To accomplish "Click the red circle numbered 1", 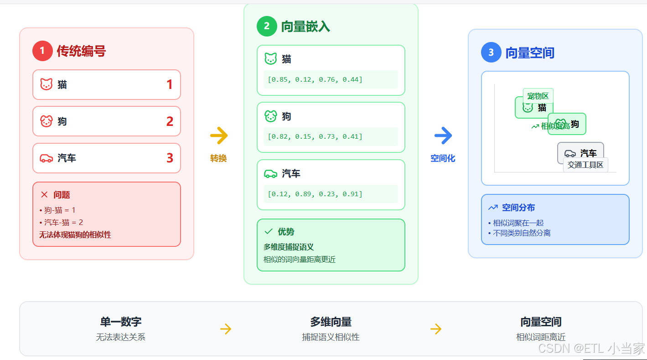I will tap(42, 51).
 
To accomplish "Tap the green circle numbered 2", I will tap(267, 26).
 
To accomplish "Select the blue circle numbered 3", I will tap(491, 52).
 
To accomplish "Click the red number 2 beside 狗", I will tap(170, 121).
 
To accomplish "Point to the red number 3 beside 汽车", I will tap(170, 158).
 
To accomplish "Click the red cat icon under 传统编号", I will tap(47, 84).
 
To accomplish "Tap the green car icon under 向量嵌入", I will tap(271, 173).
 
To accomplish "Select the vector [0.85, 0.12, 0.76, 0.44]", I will tap(315, 79).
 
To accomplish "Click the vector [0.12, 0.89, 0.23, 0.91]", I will tap(315, 194).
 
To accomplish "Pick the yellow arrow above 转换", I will tap(219, 136).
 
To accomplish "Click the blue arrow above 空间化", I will tap(443, 136).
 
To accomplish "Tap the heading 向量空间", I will tap(530, 53).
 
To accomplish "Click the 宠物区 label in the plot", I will tap(538, 96).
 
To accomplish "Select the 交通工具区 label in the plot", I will tap(585, 165).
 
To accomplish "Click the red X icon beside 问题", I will tap(44, 195).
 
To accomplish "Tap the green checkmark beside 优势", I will tap(269, 232).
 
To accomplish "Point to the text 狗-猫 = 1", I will tap(60, 210).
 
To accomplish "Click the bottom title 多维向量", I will tap(331, 322).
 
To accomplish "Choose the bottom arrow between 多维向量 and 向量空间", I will tap(436, 329).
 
